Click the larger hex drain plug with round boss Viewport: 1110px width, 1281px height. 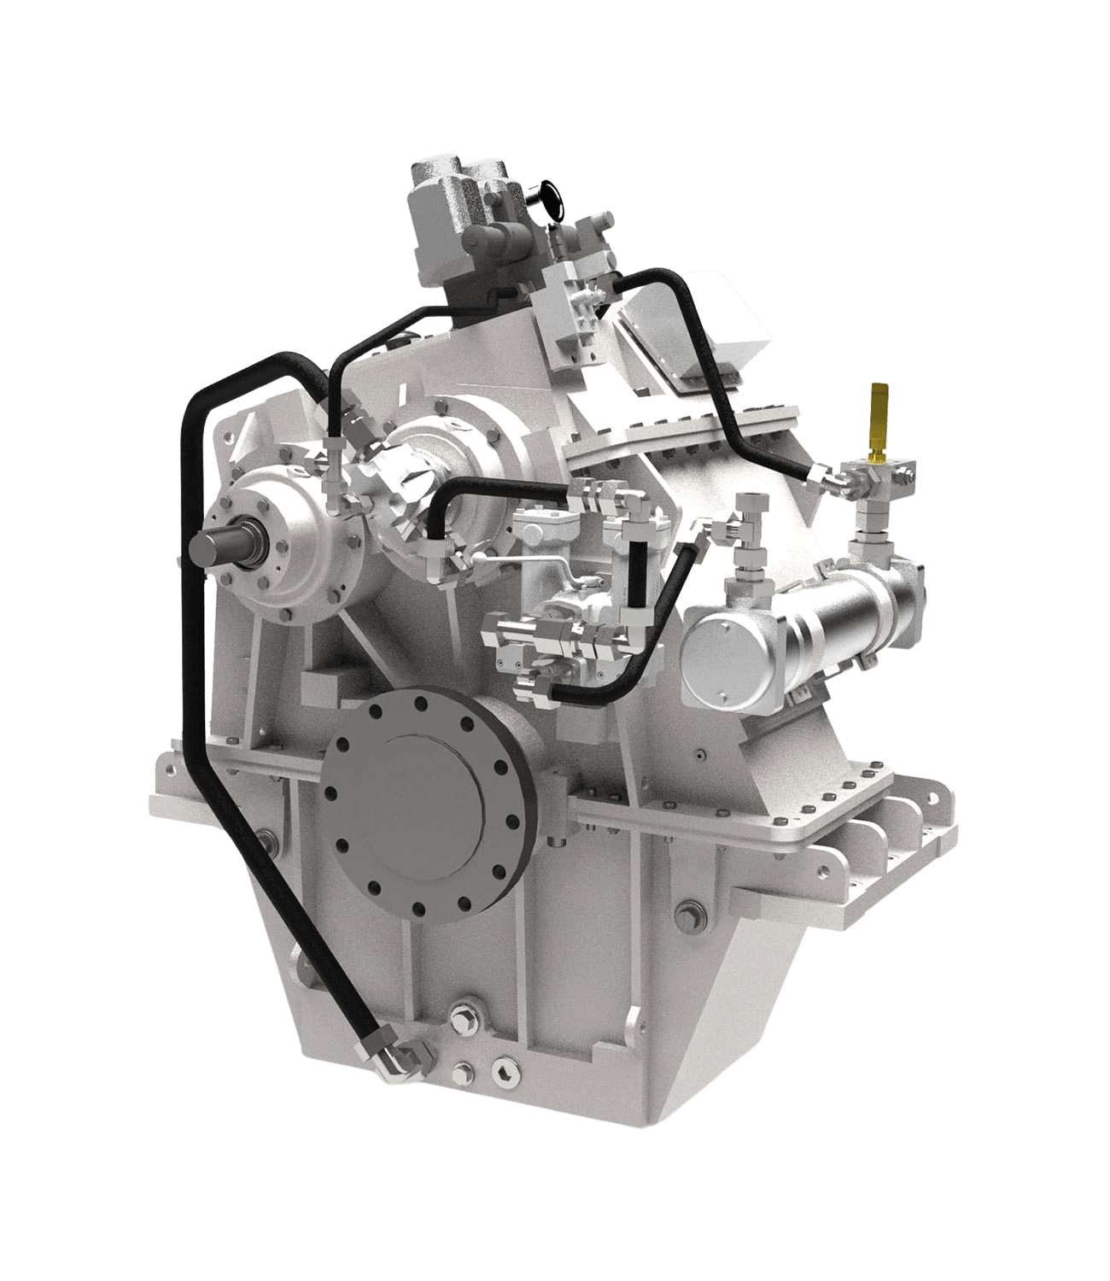[469, 1020]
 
